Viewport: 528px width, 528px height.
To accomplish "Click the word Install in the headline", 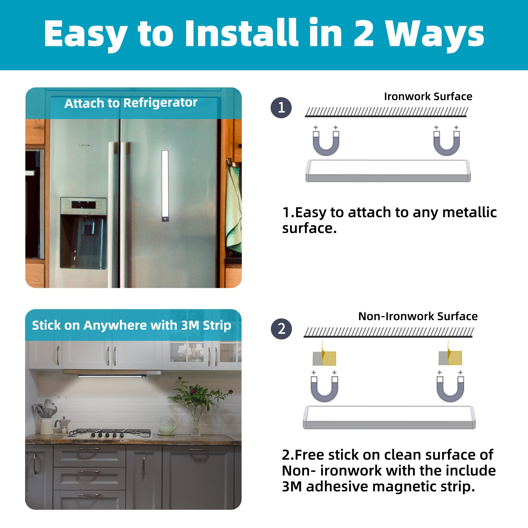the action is click(x=241, y=33).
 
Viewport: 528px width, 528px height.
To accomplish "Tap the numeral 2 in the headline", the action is click(x=364, y=34).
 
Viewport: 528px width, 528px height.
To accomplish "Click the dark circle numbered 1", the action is click(x=281, y=108).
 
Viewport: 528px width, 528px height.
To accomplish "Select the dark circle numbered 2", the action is click(x=281, y=329).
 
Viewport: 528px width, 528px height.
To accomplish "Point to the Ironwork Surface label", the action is click(x=428, y=96).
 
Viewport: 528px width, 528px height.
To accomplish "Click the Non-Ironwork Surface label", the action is click(x=418, y=317).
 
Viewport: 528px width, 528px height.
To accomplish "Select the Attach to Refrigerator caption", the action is click(x=131, y=103).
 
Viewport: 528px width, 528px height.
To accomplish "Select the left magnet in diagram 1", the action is click(x=326, y=143).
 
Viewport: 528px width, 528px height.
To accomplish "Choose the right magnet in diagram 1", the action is click(x=447, y=143).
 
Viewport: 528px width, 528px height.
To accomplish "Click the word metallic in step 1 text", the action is click(x=469, y=212).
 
